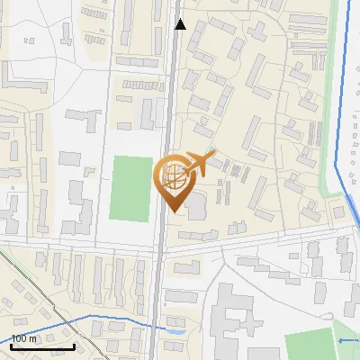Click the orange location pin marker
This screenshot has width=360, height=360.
pyautogui.click(x=174, y=180)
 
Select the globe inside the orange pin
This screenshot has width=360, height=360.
pyautogui.click(x=174, y=176)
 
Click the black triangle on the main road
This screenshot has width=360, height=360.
pyautogui.click(x=180, y=24)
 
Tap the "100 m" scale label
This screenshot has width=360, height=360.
pyautogui.click(x=24, y=338)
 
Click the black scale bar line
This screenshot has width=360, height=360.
pyautogui.click(x=42, y=346)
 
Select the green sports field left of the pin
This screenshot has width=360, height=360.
pyautogui.click(x=131, y=188)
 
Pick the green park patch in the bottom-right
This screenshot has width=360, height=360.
pyautogui.click(x=310, y=345)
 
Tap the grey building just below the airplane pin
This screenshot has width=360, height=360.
pyautogui.click(x=195, y=205)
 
